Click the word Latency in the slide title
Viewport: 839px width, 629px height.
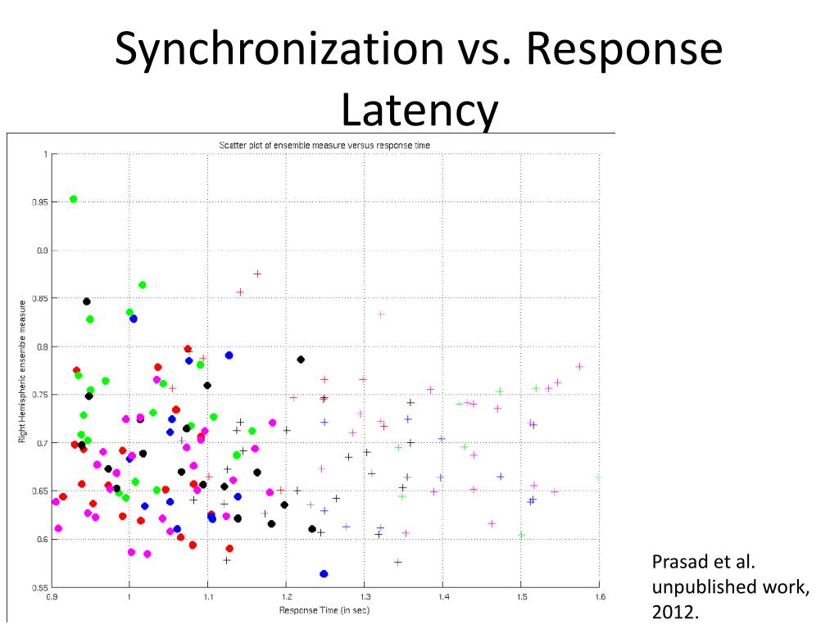(x=419, y=110)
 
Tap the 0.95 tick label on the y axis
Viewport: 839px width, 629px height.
(x=39, y=201)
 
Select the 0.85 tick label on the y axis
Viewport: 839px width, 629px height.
(x=39, y=298)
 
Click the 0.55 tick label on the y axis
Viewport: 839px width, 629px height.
(x=39, y=587)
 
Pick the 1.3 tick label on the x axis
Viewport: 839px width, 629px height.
(x=364, y=596)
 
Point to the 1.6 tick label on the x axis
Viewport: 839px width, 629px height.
(x=599, y=596)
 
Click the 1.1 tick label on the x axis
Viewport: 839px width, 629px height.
(x=207, y=596)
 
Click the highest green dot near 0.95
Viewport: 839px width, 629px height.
(x=73, y=199)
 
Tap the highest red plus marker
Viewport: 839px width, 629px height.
(x=257, y=274)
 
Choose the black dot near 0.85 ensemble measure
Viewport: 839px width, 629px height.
(x=87, y=301)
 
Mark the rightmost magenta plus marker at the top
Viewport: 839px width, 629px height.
(x=579, y=366)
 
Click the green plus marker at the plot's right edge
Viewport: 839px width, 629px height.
(x=598, y=477)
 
